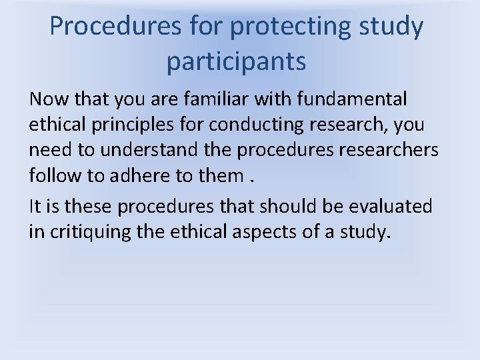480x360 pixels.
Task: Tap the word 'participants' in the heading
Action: (237, 61)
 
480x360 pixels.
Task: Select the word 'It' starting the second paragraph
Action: (34, 207)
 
